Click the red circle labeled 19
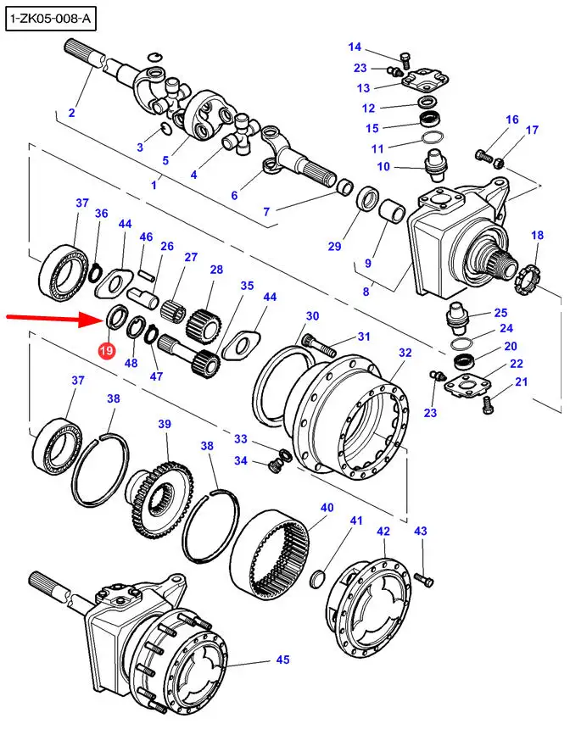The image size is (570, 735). point(107,350)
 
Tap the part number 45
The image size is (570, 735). point(282,660)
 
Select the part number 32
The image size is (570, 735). point(405,353)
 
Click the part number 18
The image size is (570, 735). point(537,235)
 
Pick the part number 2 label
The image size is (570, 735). point(71,113)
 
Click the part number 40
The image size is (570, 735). point(327,508)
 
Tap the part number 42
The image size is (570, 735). point(383,532)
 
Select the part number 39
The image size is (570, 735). point(165,424)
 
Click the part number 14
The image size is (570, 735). point(355,47)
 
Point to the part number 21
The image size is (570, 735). point(521,382)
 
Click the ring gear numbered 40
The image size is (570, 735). point(276,555)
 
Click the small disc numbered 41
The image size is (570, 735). point(318,579)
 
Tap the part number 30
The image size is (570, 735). point(312,316)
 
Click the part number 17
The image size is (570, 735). point(532,131)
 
